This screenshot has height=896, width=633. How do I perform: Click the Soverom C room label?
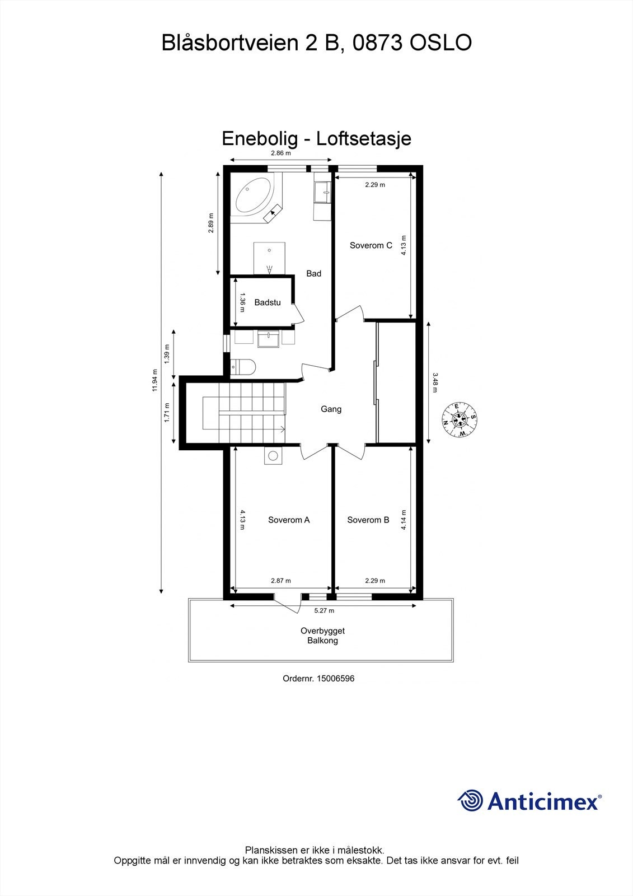pyautogui.click(x=371, y=245)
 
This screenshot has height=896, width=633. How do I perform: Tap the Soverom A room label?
pyautogui.click(x=289, y=520)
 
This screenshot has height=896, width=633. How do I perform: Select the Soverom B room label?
pyautogui.click(x=368, y=520)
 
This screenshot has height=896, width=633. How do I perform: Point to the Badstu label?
pyautogui.click(x=268, y=302)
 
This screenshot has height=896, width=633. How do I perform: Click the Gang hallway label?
pyautogui.click(x=331, y=409)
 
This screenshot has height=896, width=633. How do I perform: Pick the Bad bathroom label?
pyautogui.click(x=313, y=273)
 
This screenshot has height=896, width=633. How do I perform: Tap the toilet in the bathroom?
pyautogui.click(x=244, y=367)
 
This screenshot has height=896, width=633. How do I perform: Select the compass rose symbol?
pyautogui.click(x=459, y=419)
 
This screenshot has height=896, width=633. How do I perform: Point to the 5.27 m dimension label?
pyautogui.click(x=323, y=610)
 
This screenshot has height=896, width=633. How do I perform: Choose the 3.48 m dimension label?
pyautogui.click(x=434, y=382)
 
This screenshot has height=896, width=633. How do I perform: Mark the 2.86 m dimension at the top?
pyautogui.click(x=281, y=153)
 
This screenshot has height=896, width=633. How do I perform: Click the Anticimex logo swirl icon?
pyautogui.click(x=470, y=800)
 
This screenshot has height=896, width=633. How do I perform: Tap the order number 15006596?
pyautogui.click(x=335, y=678)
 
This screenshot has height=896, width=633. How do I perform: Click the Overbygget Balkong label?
pyautogui.click(x=322, y=636)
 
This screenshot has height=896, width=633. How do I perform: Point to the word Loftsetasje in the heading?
pyautogui.click(x=364, y=138)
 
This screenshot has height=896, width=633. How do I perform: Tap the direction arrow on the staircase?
pyautogui.click(x=281, y=430)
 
